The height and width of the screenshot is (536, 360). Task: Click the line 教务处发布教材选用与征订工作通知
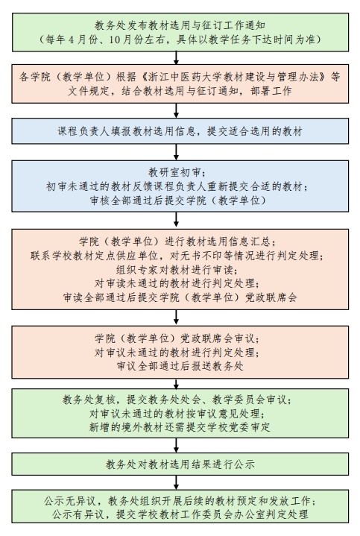(x=180, y=25)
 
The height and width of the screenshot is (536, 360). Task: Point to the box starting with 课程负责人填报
(x=180, y=131)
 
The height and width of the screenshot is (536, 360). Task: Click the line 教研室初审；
(x=177, y=172)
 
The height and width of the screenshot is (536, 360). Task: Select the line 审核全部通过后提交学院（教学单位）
(x=178, y=201)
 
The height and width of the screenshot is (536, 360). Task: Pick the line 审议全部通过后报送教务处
(x=180, y=367)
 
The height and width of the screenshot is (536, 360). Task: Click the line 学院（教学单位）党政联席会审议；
(x=177, y=338)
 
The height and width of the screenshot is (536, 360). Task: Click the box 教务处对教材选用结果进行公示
(x=180, y=464)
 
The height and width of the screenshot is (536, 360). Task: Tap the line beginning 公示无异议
(x=180, y=501)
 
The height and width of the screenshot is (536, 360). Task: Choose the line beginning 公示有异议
(x=180, y=514)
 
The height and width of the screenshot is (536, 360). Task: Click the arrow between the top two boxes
(x=176, y=57)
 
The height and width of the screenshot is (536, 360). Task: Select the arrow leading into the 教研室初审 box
(x=176, y=152)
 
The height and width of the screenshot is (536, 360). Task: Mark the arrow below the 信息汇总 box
(x=176, y=318)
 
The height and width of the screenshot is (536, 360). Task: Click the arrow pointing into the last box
(x=176, y=482)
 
